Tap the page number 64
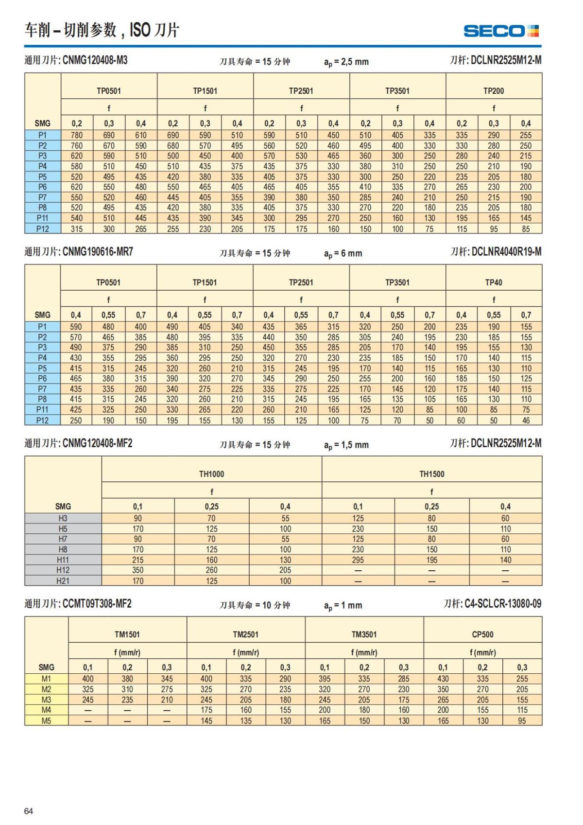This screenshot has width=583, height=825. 29,811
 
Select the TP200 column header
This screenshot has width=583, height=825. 494,91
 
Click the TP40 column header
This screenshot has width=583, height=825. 494,282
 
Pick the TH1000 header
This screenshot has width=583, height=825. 211,474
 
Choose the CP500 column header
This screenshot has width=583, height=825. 482,634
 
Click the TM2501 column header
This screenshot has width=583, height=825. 246,634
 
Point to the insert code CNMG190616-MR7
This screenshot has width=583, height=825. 98,252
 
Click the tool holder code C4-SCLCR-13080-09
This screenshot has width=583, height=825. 503,604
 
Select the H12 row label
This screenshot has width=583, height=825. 63,570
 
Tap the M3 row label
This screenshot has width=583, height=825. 46,700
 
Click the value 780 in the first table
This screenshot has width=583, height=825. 77,135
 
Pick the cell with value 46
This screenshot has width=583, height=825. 526,421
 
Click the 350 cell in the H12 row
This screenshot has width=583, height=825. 138,570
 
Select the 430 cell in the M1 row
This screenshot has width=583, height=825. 443,679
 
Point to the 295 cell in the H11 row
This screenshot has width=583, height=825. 358,560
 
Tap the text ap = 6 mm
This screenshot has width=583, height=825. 343,253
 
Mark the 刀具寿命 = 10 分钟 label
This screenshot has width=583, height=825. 255,605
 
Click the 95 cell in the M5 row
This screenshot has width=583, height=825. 522,721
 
